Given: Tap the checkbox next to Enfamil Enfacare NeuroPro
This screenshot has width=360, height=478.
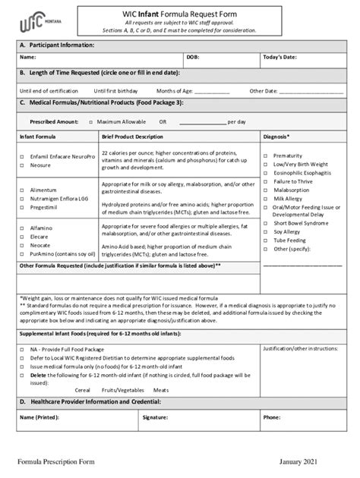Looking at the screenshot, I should [x=22, y=156].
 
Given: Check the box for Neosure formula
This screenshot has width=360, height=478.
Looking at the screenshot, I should [x=22, y=165].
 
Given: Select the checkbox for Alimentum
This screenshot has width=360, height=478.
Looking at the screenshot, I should [x=22, y=190].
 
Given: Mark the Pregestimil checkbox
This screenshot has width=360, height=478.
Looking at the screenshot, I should [x=22, y=206].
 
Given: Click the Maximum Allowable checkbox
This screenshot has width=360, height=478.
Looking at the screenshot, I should [x=90, y=121].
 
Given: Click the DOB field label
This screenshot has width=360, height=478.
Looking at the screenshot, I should [x=193, y=57].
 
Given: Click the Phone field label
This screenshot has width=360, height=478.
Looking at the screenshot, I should [x=271, y=417].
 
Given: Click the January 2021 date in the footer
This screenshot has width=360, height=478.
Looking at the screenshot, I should [x=302, y=462].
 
